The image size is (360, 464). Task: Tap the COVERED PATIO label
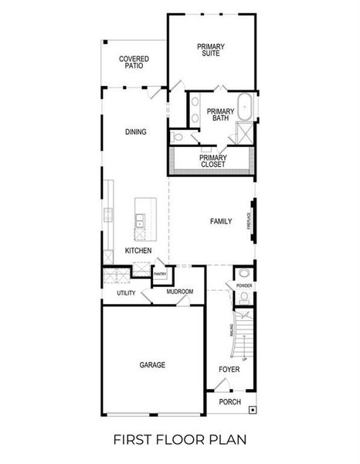tap(134, 62)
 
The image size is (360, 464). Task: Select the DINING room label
tap(136, 131)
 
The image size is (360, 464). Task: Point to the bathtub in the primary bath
tap(244, 106)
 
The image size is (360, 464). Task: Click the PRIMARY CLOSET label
tap(212, 161)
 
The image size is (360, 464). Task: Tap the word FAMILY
tap(221, 221)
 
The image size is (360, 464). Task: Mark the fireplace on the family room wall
tap(250, 221)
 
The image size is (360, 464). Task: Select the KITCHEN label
tap(138, 251)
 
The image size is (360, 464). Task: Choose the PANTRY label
tap(160, 274)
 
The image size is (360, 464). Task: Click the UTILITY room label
tap(126, 293)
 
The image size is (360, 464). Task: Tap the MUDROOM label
tap(180, 292)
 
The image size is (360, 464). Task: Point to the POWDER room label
tap(244, 285)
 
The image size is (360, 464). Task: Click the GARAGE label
tap(152, 365)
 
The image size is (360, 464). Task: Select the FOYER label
tap(229, 370)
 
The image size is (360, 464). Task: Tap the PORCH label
tap(229, 402)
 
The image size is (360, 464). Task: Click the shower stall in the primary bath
tap(244, 132)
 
